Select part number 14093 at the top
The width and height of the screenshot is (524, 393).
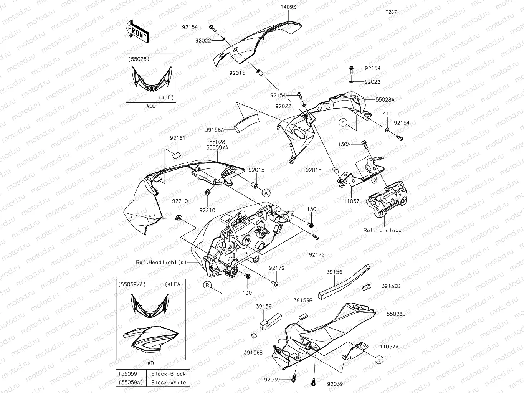tap(288, 7)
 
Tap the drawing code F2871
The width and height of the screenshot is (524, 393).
tap(392, 12)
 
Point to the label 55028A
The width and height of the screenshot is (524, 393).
tap(385, 99)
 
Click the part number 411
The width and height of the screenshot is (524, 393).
tap(387, 114)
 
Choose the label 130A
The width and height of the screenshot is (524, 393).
tap(344, 144)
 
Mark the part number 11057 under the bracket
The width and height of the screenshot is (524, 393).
tap(351, 201)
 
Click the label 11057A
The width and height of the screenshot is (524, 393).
tap(389, 347)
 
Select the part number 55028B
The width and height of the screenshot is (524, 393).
tap(396, 314)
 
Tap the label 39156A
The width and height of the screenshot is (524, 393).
tap(214, 130)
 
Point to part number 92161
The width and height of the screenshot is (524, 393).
tap(178, 138)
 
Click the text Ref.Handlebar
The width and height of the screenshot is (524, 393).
tap(384, 230)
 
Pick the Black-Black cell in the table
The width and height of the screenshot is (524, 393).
tap(169, 374)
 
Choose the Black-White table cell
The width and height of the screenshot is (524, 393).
tap(169, 382)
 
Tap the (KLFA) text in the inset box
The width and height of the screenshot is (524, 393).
tap(174, 284)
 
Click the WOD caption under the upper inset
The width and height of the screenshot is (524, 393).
tap(151, 106)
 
